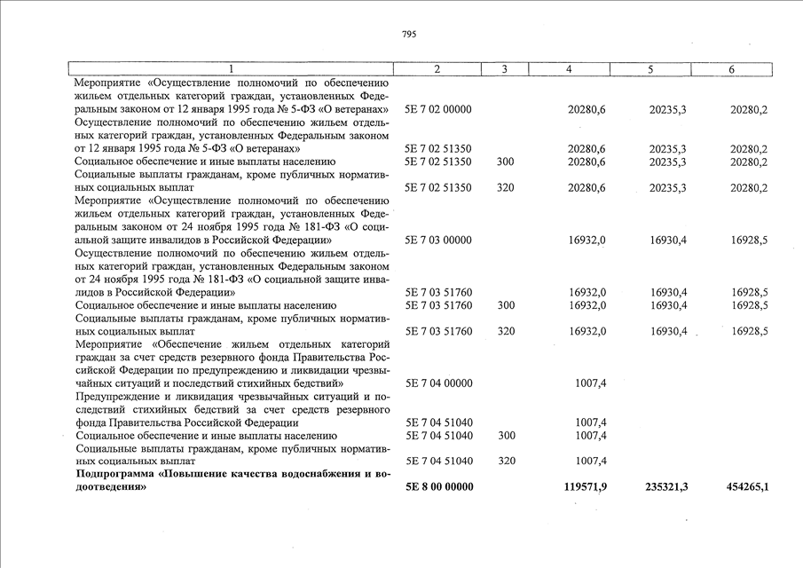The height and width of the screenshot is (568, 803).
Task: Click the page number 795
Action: click(x=408, y=34)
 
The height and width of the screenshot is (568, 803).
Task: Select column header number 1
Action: click(x=232, y=69)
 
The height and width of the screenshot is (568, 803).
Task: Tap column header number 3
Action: click(x=505, y=69)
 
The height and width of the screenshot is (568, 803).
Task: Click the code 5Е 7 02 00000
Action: click(x=438, y=109)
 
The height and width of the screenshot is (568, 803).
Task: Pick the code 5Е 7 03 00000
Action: click(x=438, y=240)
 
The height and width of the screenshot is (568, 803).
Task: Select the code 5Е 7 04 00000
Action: click(x=438, y=383)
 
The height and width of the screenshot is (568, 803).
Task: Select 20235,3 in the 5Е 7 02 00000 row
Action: click(x=671, y=109)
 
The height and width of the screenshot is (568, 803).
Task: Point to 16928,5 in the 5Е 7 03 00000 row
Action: click(x=749, y=240)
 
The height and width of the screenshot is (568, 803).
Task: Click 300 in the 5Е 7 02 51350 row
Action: click(x=506, y=162)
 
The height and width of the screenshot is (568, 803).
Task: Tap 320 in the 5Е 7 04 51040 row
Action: click(x=506, y=461)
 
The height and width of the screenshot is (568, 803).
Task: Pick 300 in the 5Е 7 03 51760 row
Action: click(x=506, y=305)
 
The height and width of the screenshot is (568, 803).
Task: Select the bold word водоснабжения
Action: click(x=323, y=475)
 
